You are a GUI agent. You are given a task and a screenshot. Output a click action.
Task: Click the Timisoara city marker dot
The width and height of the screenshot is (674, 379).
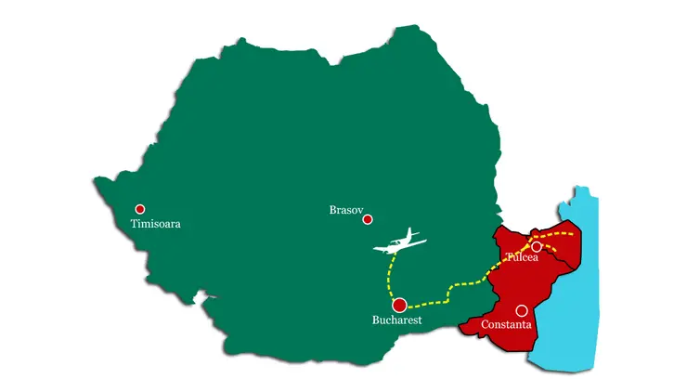click(x=140, y=209)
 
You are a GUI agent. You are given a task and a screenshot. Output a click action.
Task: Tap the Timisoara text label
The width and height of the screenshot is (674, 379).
click(x=155, y=224)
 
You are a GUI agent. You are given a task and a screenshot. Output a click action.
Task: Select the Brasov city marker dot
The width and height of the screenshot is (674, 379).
click(x=368, y=220)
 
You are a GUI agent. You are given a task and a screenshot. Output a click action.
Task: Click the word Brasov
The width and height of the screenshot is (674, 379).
click(x=347, y=210)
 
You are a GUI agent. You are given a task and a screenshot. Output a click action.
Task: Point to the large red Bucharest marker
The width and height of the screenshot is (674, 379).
click(x=399, y=305)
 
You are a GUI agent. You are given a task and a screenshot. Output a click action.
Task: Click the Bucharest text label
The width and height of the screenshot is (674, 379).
click(x=396, y=320)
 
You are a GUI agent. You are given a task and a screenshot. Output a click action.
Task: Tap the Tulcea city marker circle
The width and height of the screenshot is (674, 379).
click(x=537, y=246)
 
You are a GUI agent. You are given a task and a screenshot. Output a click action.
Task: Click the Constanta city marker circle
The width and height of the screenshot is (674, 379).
click(x=522, y=310)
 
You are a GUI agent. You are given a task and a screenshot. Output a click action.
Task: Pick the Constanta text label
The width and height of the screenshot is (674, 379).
click(x=506, y=325)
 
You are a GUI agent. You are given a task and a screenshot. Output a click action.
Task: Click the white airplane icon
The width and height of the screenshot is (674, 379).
click(x=400, y=243)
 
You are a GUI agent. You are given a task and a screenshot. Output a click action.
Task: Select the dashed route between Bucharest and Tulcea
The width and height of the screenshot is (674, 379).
click(x=455, y=288)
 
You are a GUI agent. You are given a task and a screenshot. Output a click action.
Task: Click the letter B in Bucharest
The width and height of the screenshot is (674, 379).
click(x=374, y=320)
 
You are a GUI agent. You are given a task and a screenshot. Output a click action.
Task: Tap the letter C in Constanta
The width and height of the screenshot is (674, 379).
click(x=485, y=325)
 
